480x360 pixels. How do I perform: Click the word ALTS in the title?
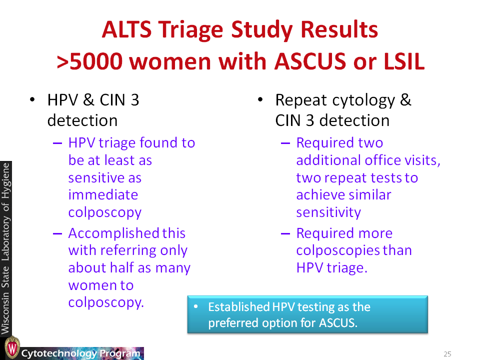126,29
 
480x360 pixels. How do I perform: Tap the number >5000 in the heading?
89,61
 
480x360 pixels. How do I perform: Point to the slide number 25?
447,354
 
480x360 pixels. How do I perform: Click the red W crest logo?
12,348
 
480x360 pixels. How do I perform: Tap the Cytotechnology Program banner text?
80,353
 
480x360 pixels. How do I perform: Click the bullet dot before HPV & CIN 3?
32,99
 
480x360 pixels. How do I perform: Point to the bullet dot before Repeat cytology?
260,99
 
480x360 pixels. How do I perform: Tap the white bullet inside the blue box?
196,306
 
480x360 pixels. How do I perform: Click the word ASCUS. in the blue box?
338,323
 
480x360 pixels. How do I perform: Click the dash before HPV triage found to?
57,143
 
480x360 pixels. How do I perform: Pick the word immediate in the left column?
103,195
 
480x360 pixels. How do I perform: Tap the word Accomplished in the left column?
114,234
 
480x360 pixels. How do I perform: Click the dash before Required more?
285,233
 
